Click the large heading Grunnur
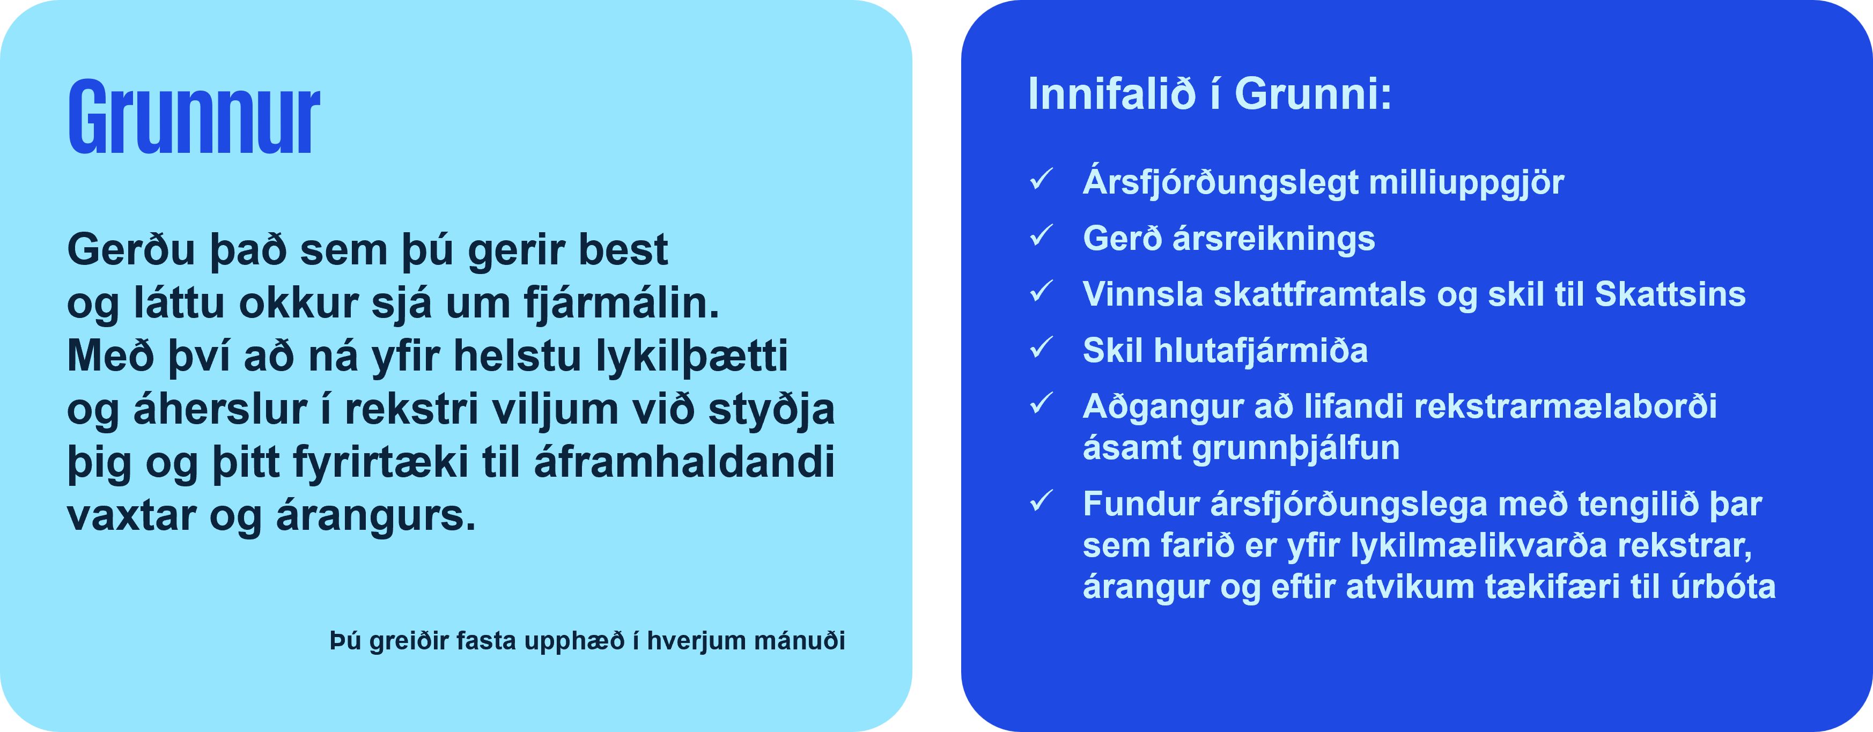[x=194, y=118]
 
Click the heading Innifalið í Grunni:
[x=1209, y=94]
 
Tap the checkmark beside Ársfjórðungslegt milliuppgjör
[x=1041, y=179]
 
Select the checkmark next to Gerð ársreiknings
[x=1041, y=235]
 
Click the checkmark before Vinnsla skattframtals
[x=1041, y=292]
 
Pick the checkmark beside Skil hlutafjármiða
[x=1041, y=347]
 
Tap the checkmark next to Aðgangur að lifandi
[x=1041, y=403]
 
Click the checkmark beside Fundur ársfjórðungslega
[x=1041, y=501]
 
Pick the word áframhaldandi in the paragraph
[x=684, y=463]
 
